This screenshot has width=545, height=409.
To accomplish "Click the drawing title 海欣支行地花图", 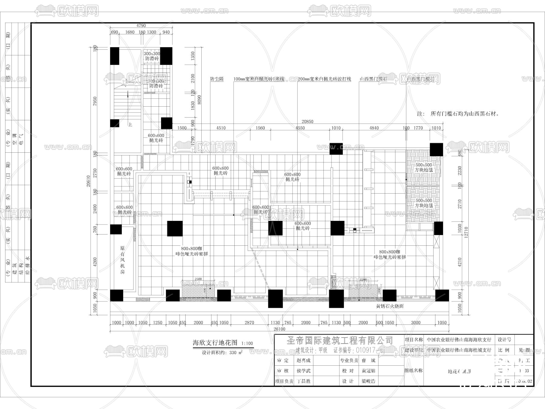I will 215,343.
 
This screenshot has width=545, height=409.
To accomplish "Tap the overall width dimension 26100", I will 279,329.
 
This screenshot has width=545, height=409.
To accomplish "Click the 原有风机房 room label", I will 122,260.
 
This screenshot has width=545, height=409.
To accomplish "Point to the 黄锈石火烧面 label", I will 390,306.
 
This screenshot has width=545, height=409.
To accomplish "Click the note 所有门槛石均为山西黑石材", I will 458,114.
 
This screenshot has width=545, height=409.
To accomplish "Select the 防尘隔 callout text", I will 217,79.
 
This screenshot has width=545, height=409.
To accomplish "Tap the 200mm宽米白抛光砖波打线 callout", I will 324,79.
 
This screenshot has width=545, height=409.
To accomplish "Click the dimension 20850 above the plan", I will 307,121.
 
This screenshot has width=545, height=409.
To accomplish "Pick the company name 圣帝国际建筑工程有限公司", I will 340,341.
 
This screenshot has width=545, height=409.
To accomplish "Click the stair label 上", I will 130,125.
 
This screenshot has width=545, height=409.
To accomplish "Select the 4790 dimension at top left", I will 141,26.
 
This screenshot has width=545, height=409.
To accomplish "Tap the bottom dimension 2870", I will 249,323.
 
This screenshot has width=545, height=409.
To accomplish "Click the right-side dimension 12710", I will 466,232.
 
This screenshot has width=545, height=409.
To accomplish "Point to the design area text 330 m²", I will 236,353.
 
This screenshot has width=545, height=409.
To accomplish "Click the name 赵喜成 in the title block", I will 303,361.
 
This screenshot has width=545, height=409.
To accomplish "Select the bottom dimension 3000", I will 415,323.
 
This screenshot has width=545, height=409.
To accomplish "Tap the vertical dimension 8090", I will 199,100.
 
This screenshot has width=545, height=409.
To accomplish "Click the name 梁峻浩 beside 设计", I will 368,381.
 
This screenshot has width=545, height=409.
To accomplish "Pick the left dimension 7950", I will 95,101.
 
